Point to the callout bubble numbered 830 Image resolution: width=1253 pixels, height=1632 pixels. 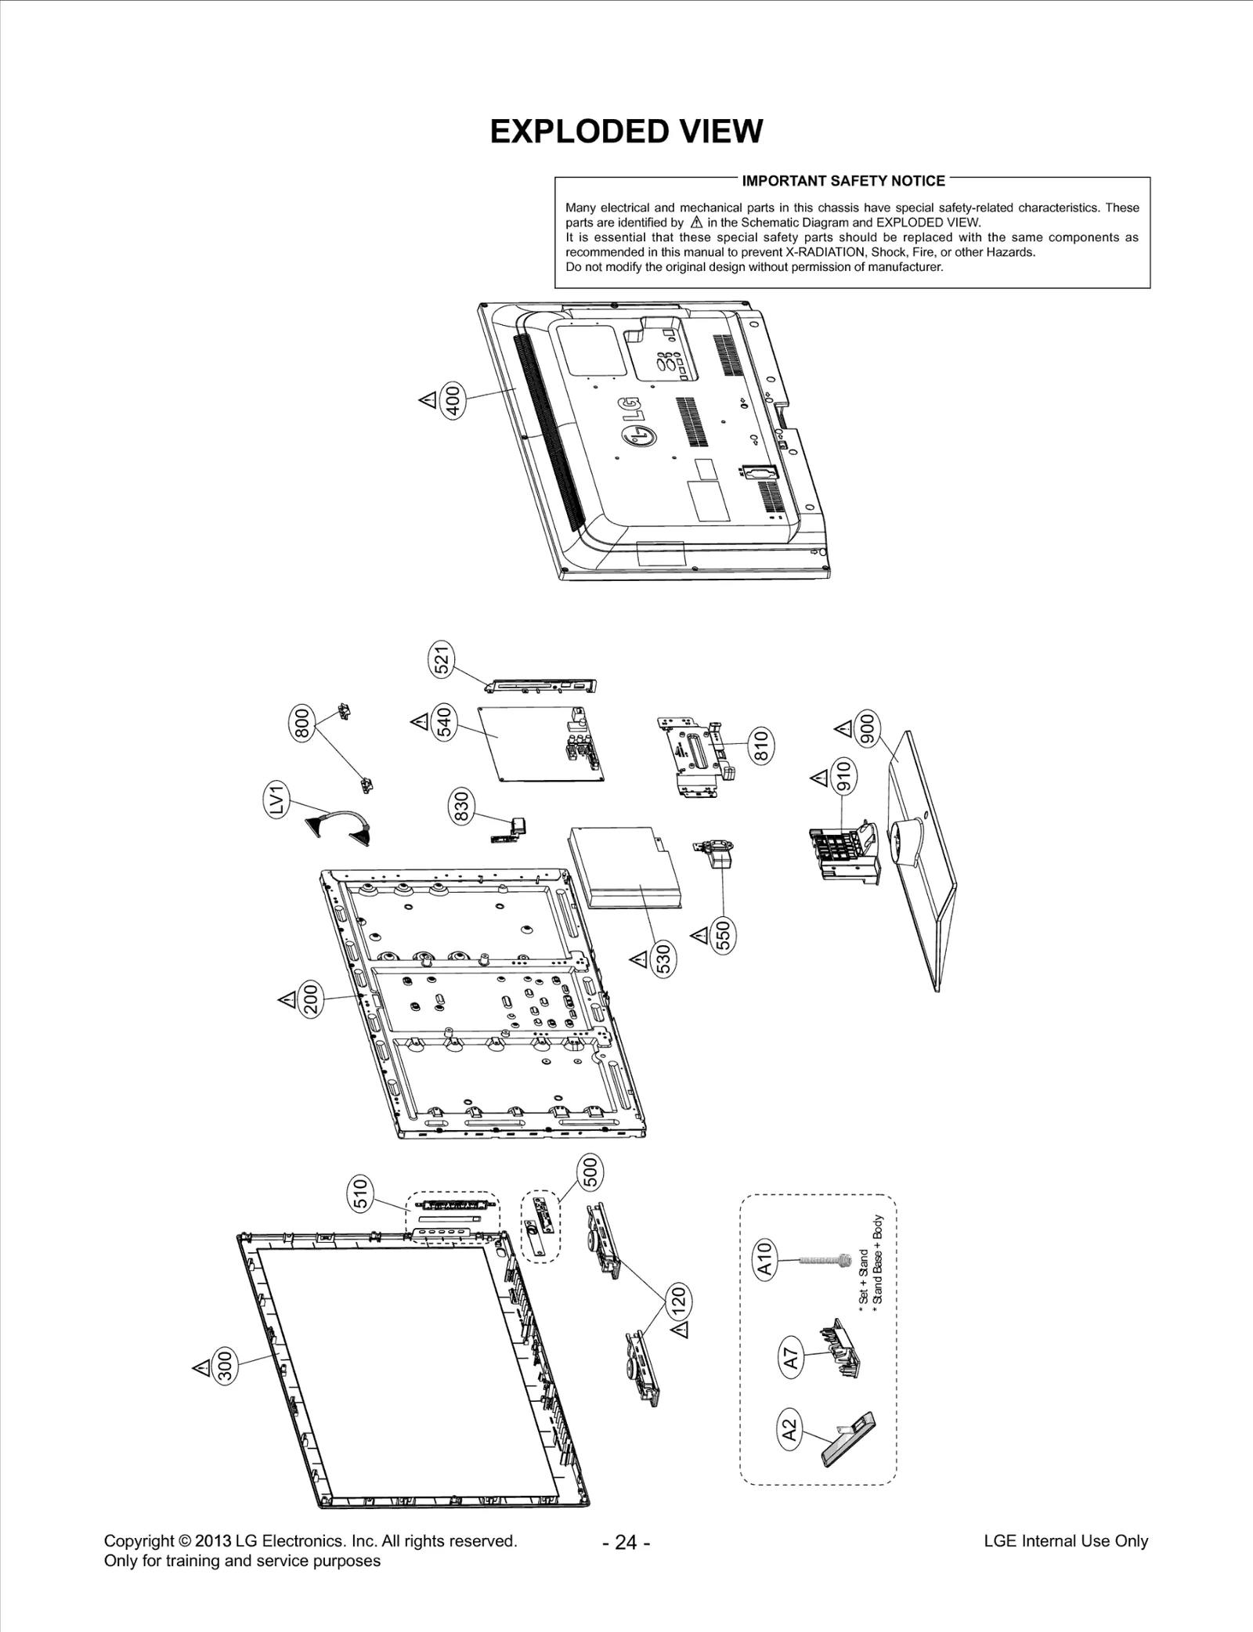pyautogui.click(x=461, y=807)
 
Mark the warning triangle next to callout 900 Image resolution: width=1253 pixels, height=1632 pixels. pyautogui.click(x=843, y=729)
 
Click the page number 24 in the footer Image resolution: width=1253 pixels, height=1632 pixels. pyautogui.click(x=626, y=1542)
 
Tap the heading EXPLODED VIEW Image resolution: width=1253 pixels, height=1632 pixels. pyautogui.click(x=626, y=132)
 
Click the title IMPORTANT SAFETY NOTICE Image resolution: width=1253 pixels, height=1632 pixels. pyautogui.click(x=843, y=181)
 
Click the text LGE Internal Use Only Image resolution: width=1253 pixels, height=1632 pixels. pyautogui.click(x=1065, y=1540)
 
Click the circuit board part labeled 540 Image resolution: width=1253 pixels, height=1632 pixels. pyautogui.click(x=540, y=740)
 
